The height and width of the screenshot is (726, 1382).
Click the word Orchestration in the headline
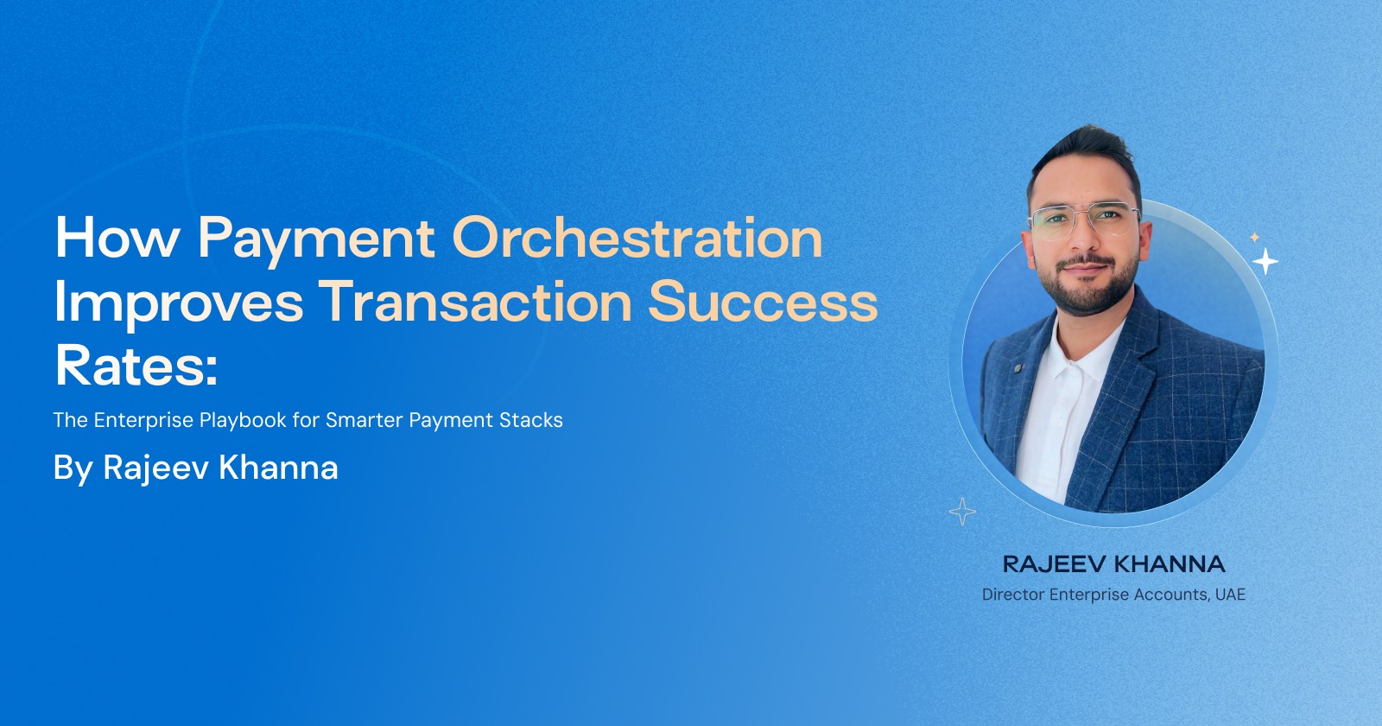(x=637, y=239)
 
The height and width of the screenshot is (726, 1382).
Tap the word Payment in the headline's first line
(x=316, y=239)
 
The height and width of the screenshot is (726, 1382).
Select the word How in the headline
(x=117, y=239)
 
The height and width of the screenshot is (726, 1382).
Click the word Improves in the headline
(x=178, y=302)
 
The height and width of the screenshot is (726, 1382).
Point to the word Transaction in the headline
(x=476, y=302)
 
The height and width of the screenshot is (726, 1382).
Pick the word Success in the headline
(x=763, y=302)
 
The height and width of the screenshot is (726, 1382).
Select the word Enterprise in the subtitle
(x=143, y=420)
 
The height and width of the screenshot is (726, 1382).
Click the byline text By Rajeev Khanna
(x=195, y=468)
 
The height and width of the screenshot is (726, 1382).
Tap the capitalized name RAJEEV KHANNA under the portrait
(x=1113, y=564)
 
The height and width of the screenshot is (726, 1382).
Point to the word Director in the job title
(x=1012, y=595)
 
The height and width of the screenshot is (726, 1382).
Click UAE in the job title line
(x=1230, y=595)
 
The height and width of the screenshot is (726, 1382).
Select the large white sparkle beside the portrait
(x=1265, y=261)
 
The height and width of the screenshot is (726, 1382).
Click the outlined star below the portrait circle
(x=962, y=512)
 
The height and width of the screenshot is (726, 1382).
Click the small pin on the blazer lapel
(x=1018, y=368)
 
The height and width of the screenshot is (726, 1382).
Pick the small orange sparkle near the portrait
(x=1254, y=237)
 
